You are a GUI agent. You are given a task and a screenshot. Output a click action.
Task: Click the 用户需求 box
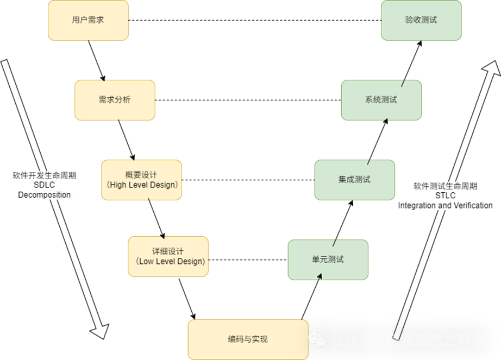(x=88, y=20)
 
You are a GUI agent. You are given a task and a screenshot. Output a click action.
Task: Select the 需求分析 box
(x=115, y=100)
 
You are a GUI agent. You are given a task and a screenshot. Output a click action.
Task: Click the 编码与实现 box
(x=248, y=339)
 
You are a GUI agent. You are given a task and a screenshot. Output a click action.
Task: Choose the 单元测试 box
(x=328, y=260)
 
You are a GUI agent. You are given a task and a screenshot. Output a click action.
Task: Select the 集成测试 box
(x=354, y=180)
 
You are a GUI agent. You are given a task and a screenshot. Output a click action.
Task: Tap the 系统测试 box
(x=381, y=100)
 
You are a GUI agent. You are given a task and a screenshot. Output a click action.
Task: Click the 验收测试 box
(x=421, y=20)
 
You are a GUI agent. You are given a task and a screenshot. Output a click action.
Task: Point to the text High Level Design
(x=142, y=185)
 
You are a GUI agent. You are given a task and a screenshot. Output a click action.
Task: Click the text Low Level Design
(x=171, y=261)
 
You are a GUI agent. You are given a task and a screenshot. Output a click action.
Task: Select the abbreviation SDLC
(x=45, y=185)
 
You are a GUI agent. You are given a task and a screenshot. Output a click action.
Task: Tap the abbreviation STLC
(x=445, y=195)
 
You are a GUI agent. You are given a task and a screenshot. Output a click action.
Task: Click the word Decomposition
(x=45, y=194)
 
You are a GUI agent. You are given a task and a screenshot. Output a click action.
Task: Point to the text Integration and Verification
(x=445, y=205)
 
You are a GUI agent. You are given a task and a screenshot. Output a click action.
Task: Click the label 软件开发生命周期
(x=45, y=176)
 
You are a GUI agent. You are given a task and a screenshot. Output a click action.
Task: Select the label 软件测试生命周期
(x=445, y=186)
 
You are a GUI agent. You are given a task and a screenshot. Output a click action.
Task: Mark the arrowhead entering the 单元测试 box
(x=320, y=277)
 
